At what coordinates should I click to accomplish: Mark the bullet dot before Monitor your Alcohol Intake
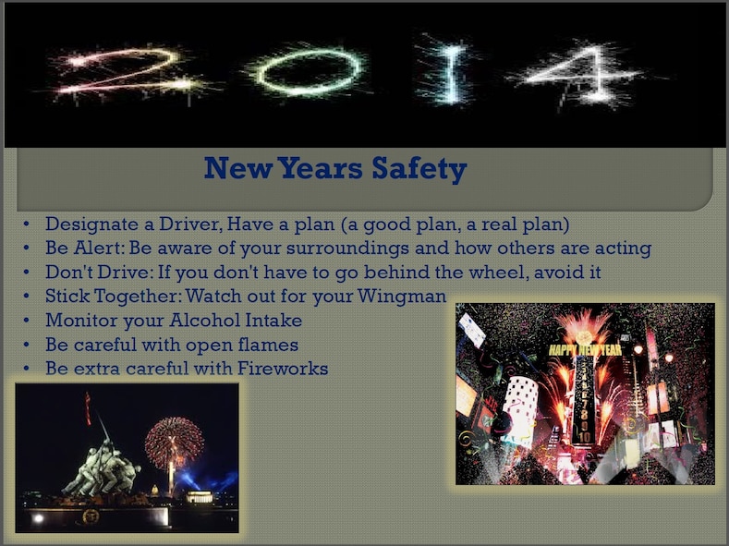point(29,321)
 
